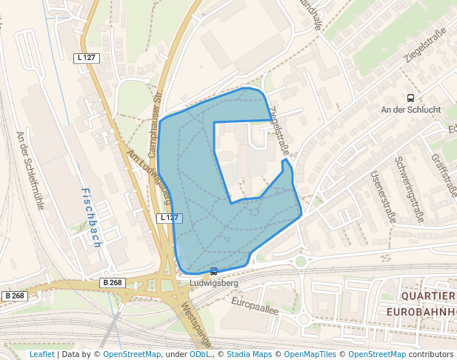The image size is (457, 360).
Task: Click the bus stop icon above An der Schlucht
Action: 410,98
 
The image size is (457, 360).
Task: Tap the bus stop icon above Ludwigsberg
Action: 214,271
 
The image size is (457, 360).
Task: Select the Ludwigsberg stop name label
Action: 214,283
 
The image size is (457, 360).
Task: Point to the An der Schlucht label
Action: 410,110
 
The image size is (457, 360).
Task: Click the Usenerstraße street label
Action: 384,197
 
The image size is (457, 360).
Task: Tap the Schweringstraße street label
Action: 409,189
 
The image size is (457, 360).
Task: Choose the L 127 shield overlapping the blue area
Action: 170,218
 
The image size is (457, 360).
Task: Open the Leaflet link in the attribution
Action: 41,354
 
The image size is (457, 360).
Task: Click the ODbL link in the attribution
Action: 199,354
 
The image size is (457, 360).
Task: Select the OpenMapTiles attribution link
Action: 312,354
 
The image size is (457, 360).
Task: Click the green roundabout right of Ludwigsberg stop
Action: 301,261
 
